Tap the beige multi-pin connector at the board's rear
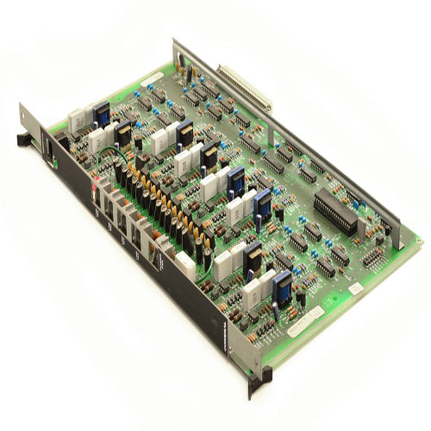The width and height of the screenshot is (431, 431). (244, 87)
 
